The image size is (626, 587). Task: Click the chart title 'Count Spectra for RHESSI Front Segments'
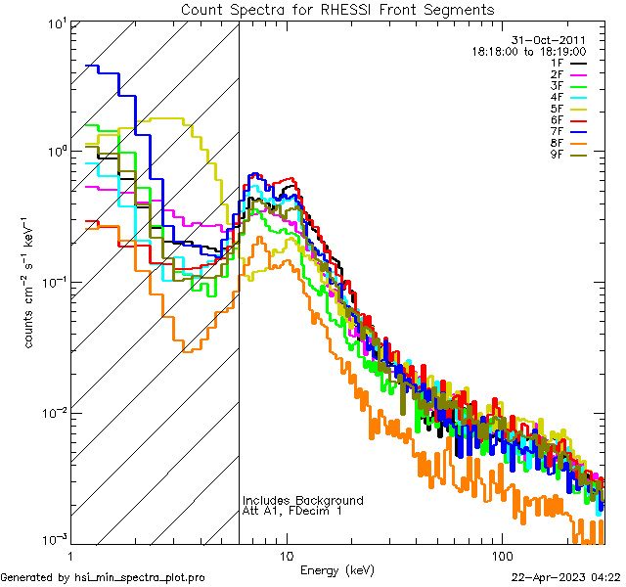(337, 9)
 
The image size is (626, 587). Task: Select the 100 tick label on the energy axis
(501, 555)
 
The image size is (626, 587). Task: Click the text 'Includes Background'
(302, 501)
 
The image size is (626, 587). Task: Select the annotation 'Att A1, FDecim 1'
(292, 512)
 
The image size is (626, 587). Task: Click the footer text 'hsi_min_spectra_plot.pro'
(140, 577)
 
